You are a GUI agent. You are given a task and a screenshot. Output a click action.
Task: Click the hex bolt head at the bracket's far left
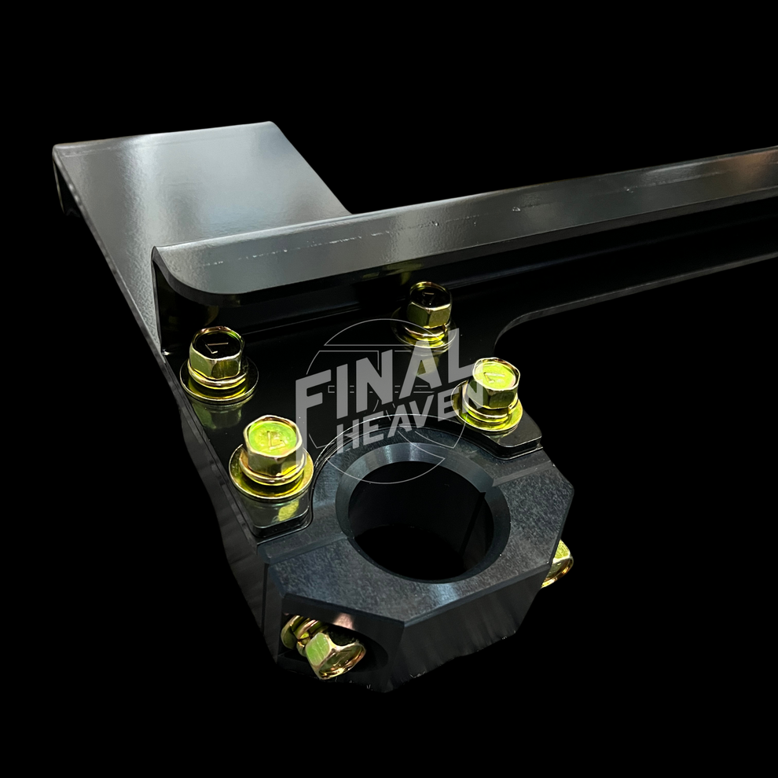217,354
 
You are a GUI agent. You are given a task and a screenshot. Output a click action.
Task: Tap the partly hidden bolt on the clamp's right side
559,563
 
